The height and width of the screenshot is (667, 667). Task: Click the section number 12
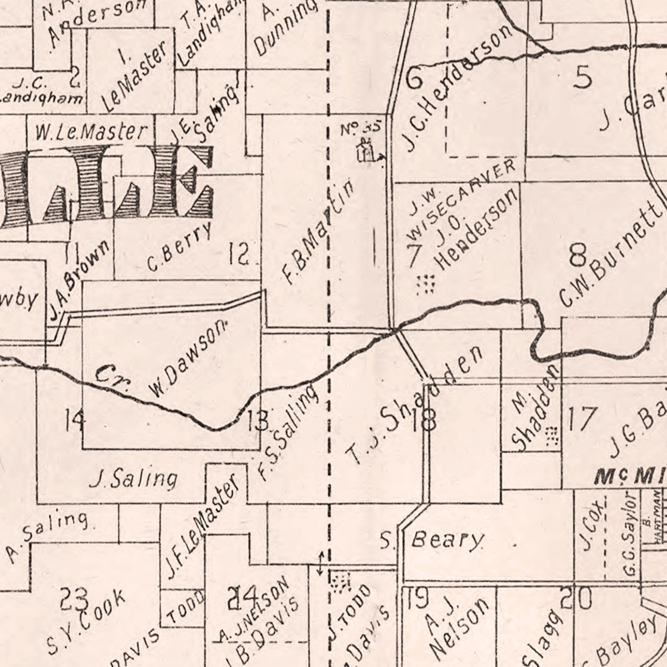pyautogui.click(x=239, y=255)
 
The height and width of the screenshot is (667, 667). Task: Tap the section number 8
pyautogui.click(x=578, y=256)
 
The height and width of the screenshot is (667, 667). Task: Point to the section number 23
pyautogui.click(x=74, y=598)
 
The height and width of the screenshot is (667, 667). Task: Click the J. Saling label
pyautogui.click(x=133, y=479)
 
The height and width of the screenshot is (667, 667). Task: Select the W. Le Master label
pyautogui.click(x=91, y=132)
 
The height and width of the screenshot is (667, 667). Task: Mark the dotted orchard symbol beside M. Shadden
pyautogui.click(x=551, y=436)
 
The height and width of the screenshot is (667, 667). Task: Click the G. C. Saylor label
pyautogui.click(x=629, y=533)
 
